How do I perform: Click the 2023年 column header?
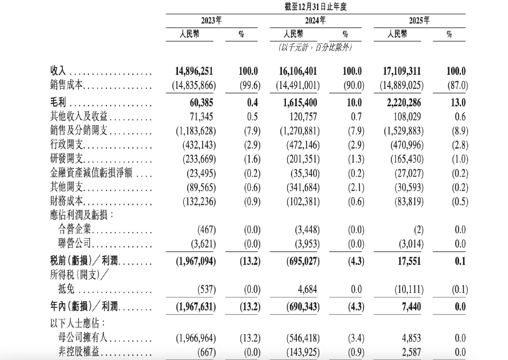click(211, 21)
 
